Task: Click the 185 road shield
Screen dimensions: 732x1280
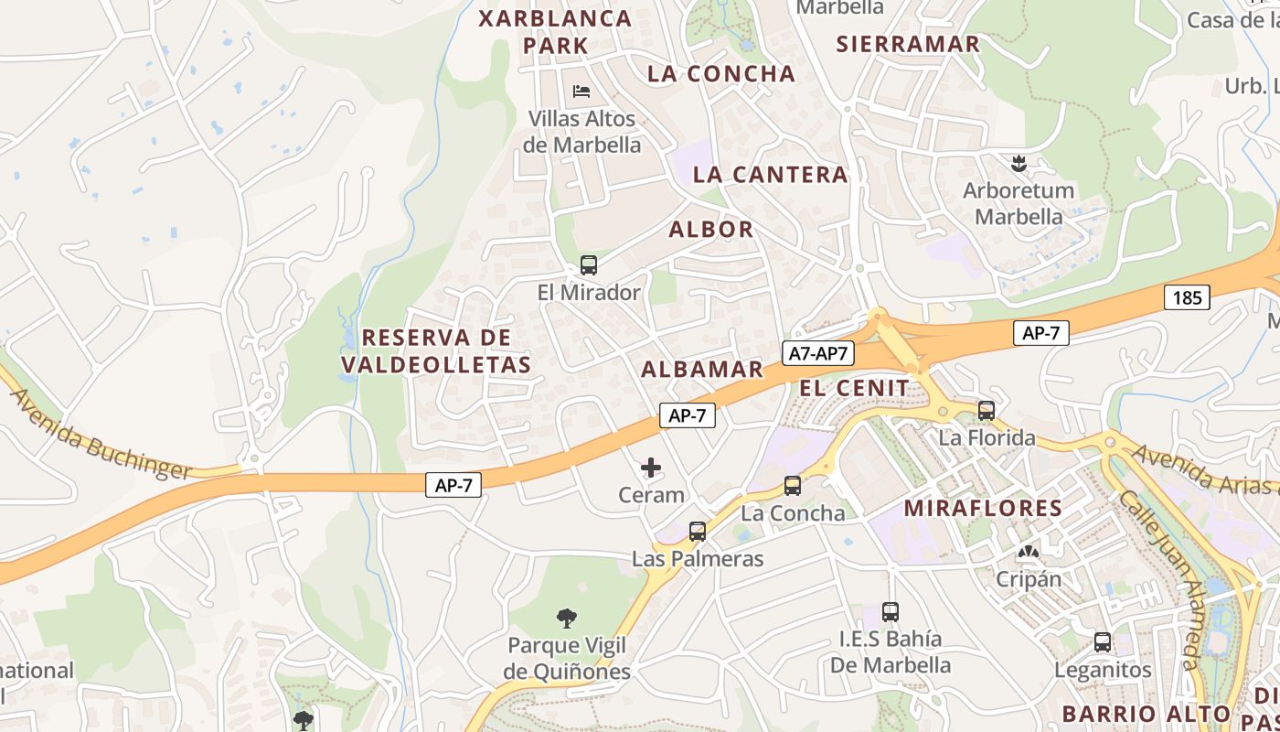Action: click(x=1188, y=296)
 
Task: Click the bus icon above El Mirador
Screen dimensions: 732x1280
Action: click(x=589, y=265)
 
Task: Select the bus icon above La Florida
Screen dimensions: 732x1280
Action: click(x=987, y=410)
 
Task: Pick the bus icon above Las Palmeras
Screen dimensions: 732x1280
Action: click(x=698, y=531)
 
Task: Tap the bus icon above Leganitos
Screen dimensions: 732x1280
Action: click(x=1103, y=641)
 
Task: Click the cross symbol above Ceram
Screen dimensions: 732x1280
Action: click(x=651, y=468)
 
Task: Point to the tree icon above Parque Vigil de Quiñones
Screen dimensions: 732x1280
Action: click(x=567, y=619)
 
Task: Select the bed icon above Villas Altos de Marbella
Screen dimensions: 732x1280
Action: click(x=581, y=91)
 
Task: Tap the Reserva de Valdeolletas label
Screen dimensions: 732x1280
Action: click(x=436, y=351)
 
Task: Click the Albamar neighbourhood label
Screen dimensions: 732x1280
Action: click(x=702, y=370)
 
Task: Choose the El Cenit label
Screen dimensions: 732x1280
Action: click(x=855, y=388)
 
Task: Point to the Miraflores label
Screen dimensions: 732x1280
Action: click(x=983, y=509)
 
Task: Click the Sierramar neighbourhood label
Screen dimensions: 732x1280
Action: click(x=908, y=44)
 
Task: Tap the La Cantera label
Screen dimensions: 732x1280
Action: click(x=770, y=175)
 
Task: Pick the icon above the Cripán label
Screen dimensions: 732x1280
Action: click(x=1029, y=553)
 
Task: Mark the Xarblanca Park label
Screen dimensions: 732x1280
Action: click(x=556, y=31)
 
